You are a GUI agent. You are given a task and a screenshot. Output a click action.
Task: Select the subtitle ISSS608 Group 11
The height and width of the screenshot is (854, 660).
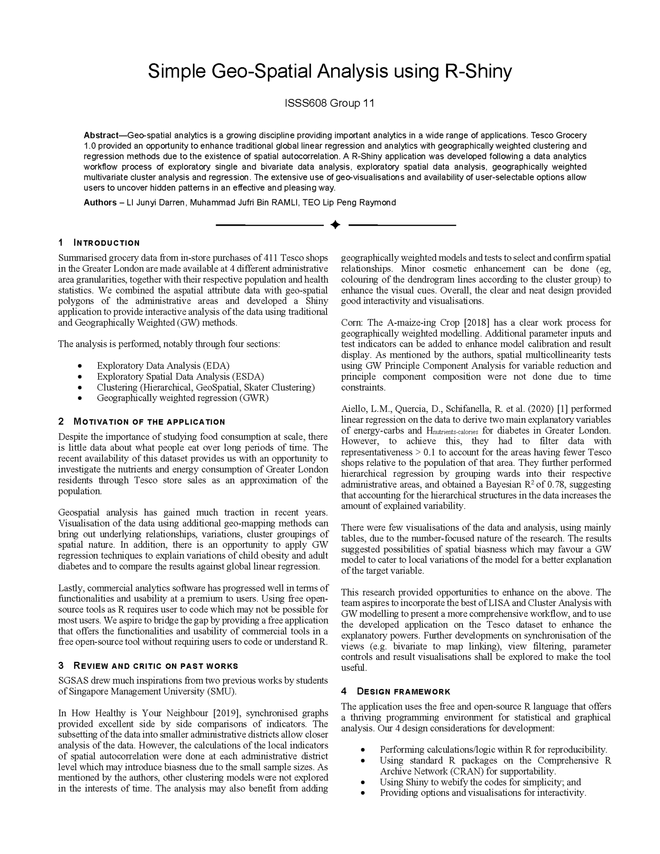click(330, 103)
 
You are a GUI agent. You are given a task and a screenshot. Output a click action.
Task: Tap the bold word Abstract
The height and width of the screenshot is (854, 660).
click(101, 135)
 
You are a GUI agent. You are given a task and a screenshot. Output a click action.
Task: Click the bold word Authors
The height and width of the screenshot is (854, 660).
click(100, 202)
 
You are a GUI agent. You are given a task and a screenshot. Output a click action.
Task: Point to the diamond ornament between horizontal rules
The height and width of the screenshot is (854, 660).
click(335, 225)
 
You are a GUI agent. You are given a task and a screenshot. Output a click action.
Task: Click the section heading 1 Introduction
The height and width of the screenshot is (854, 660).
click(99, 243)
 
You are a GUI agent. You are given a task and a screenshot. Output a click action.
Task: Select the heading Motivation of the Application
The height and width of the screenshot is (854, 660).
click(149, 422)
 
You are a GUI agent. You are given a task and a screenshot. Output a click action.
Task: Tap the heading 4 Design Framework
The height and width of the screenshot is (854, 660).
click(396, 691)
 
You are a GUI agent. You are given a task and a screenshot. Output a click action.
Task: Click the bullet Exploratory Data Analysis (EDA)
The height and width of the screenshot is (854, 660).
click(163, 366)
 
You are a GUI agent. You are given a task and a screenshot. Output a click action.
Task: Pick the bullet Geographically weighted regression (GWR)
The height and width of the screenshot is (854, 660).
click(183, 398)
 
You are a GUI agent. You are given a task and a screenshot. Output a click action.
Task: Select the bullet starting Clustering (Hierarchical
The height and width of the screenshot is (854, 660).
click(206, 387)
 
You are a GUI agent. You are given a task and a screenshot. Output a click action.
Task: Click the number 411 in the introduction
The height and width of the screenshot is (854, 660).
click(270, 258)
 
